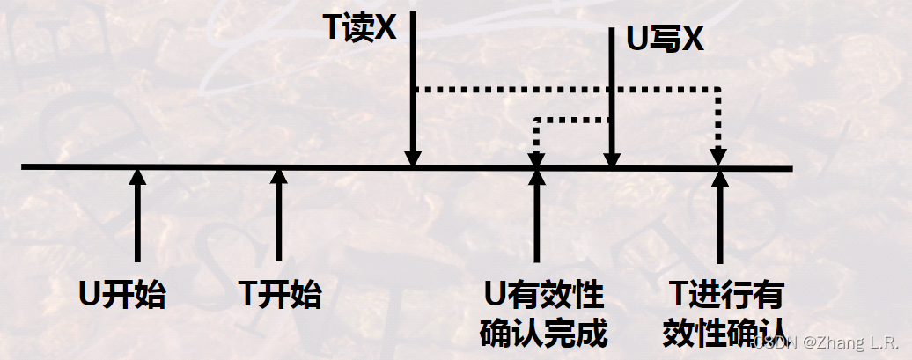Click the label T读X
[360, 28]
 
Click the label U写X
[665, 39]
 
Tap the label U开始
[122, 294]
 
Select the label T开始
[280, 294]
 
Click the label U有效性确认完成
[544, 312]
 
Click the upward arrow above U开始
[136, 216]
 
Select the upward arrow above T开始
[279, 216]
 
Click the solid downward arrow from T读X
[412, 88]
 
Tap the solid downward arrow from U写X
[612, 97]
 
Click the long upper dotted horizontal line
[563, 89]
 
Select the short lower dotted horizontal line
[572, 120]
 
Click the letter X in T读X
[386, 28]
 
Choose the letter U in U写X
[635, 39]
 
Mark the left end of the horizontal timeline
[25, 166]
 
